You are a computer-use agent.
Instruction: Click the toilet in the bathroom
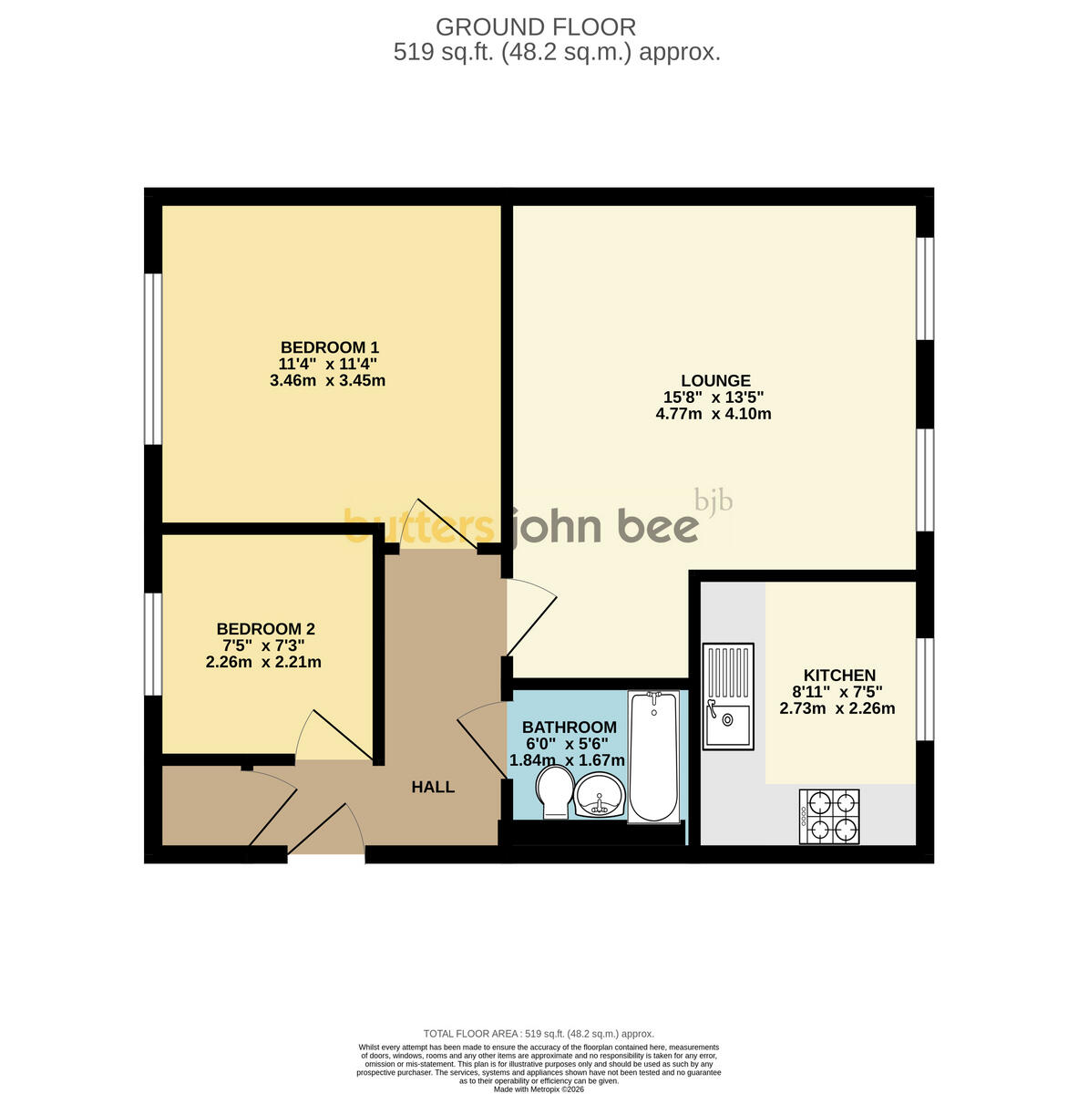(x=554, y=792)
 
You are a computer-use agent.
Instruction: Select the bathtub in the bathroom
(x=653, y=756)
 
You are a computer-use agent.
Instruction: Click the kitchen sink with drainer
(x=728, y=696)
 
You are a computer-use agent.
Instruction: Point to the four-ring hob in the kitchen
(x=829, y=816)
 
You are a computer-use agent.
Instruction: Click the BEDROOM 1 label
(x=329, y=346)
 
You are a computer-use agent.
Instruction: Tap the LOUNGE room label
(x=715, y=380)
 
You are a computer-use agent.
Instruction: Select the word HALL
(x=433, y=787)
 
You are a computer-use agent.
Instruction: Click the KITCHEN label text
(x=839, y=675)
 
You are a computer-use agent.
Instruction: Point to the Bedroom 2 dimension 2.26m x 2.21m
(x=263, y=662)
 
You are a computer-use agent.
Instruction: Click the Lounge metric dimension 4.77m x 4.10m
(x=713, y=413)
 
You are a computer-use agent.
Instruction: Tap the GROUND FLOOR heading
(x=535, y=27)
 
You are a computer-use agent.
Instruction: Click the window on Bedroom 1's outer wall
(x=153, y=359)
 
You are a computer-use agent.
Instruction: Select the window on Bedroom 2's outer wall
(x=153, y=645)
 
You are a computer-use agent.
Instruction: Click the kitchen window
(x=925, y=689)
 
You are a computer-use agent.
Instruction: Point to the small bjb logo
(x=714, y=501)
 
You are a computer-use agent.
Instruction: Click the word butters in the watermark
(x=419, y=526)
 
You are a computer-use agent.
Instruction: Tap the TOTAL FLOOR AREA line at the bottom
(x=539, y=1034)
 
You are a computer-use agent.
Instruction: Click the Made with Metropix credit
(x=539, y=1089)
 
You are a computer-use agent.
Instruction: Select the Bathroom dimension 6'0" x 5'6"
(x=567, y=744)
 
